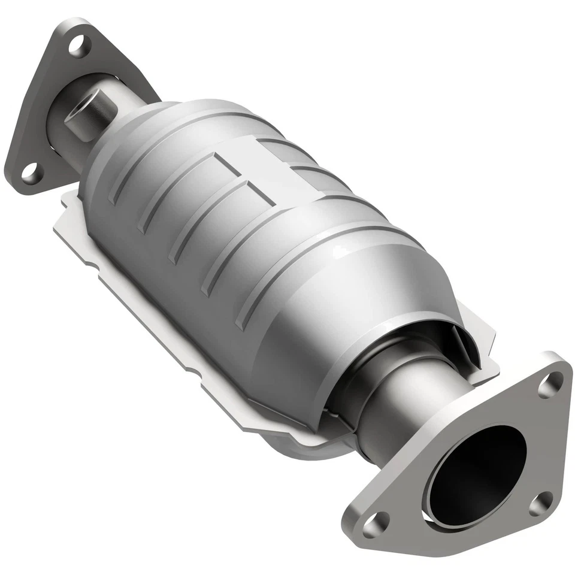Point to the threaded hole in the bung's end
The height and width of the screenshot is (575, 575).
(75, 111)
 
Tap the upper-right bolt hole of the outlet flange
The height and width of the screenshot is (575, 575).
(550, 385)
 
